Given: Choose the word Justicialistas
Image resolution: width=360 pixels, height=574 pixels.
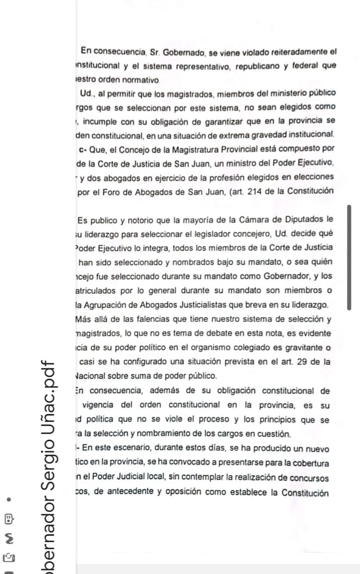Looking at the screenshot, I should pyautogui.click(x=232, y=304).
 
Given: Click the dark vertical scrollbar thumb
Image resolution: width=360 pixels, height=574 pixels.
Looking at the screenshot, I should pyautogui.click(x=349, y=257).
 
